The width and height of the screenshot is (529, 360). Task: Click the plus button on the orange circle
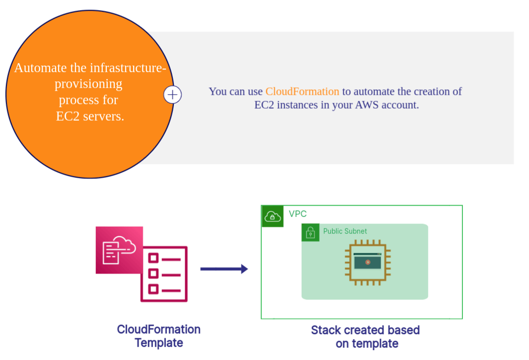coord(172,94)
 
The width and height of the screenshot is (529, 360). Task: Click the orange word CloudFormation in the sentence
coord(302,91)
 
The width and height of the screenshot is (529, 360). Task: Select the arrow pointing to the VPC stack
coord(224,269)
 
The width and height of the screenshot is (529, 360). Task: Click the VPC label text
coord(298,214)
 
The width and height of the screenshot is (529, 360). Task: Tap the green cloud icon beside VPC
coord(272,216)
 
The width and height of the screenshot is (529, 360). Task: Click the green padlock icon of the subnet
coord(310,232)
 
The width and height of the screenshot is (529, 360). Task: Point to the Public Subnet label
coord(345,231)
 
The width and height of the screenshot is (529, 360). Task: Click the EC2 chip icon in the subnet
coord(368,262)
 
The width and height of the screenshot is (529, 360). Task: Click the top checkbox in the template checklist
coord(153,258)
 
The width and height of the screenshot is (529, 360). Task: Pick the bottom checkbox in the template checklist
coord(153,288)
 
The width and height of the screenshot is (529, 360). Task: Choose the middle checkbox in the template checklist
coord(153,273)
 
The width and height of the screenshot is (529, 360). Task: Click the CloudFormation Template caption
coord(158,336)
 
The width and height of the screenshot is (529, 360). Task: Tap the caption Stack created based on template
coord(366,336)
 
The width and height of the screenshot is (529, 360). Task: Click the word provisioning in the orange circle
coord(88,83)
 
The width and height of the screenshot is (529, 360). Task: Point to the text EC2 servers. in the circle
coord(90,116)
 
